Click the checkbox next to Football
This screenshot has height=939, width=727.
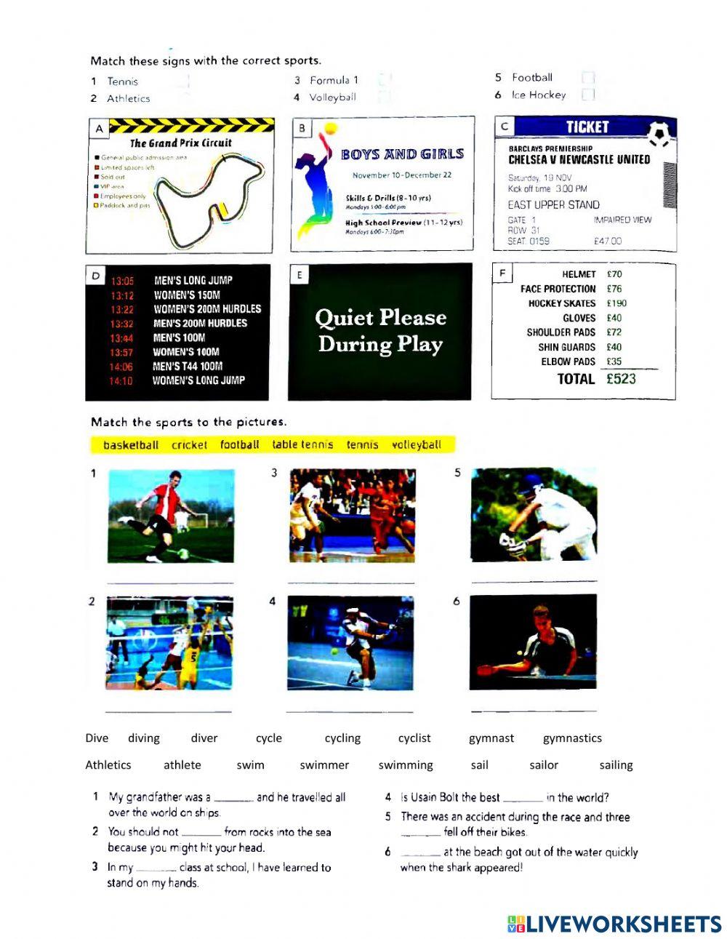[587, 78]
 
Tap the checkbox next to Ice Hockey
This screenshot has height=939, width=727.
[587, 95]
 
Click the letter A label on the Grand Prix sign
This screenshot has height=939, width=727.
[99, 129]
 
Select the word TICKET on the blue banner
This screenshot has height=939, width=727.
[587, 127]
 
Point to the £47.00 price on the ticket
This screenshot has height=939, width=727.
[608, 241]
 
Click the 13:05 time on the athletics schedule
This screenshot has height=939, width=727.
[122, 281]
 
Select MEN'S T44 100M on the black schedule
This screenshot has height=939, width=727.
[188, 367]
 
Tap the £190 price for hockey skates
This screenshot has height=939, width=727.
[616, 303]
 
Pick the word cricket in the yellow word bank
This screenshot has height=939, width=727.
[189, 444]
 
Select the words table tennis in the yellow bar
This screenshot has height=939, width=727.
[302, 444]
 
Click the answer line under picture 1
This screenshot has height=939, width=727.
[170, 583]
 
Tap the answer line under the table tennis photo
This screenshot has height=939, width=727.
[534, 710]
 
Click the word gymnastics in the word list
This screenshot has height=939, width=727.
[572, 738]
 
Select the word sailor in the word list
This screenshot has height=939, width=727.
[544, 765]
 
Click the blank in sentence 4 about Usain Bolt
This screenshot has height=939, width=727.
[522, 799]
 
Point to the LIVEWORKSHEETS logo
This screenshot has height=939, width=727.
[614, 924]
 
